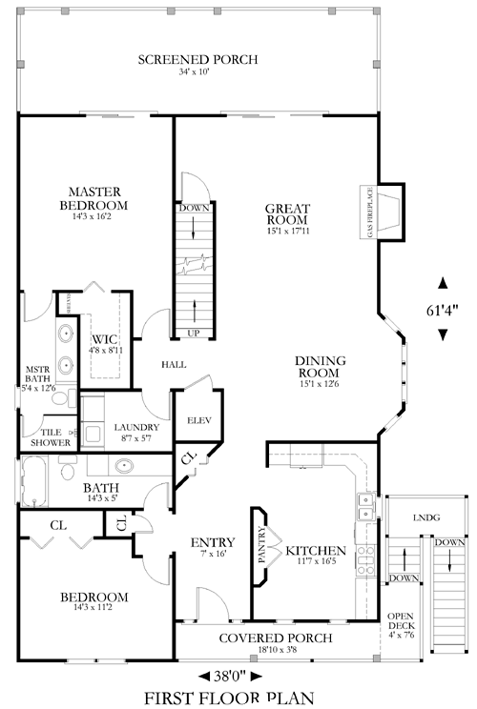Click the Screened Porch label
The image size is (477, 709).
pos(197,60)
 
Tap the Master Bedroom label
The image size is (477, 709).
pos(93,198)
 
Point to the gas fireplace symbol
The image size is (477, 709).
pos(389,211)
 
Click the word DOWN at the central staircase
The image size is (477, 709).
pos(194,208)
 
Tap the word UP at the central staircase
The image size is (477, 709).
pos(194,333)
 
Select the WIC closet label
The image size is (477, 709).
pos(104,339)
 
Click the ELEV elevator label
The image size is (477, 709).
pos(198,420)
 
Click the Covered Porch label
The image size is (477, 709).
pos(276,638)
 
